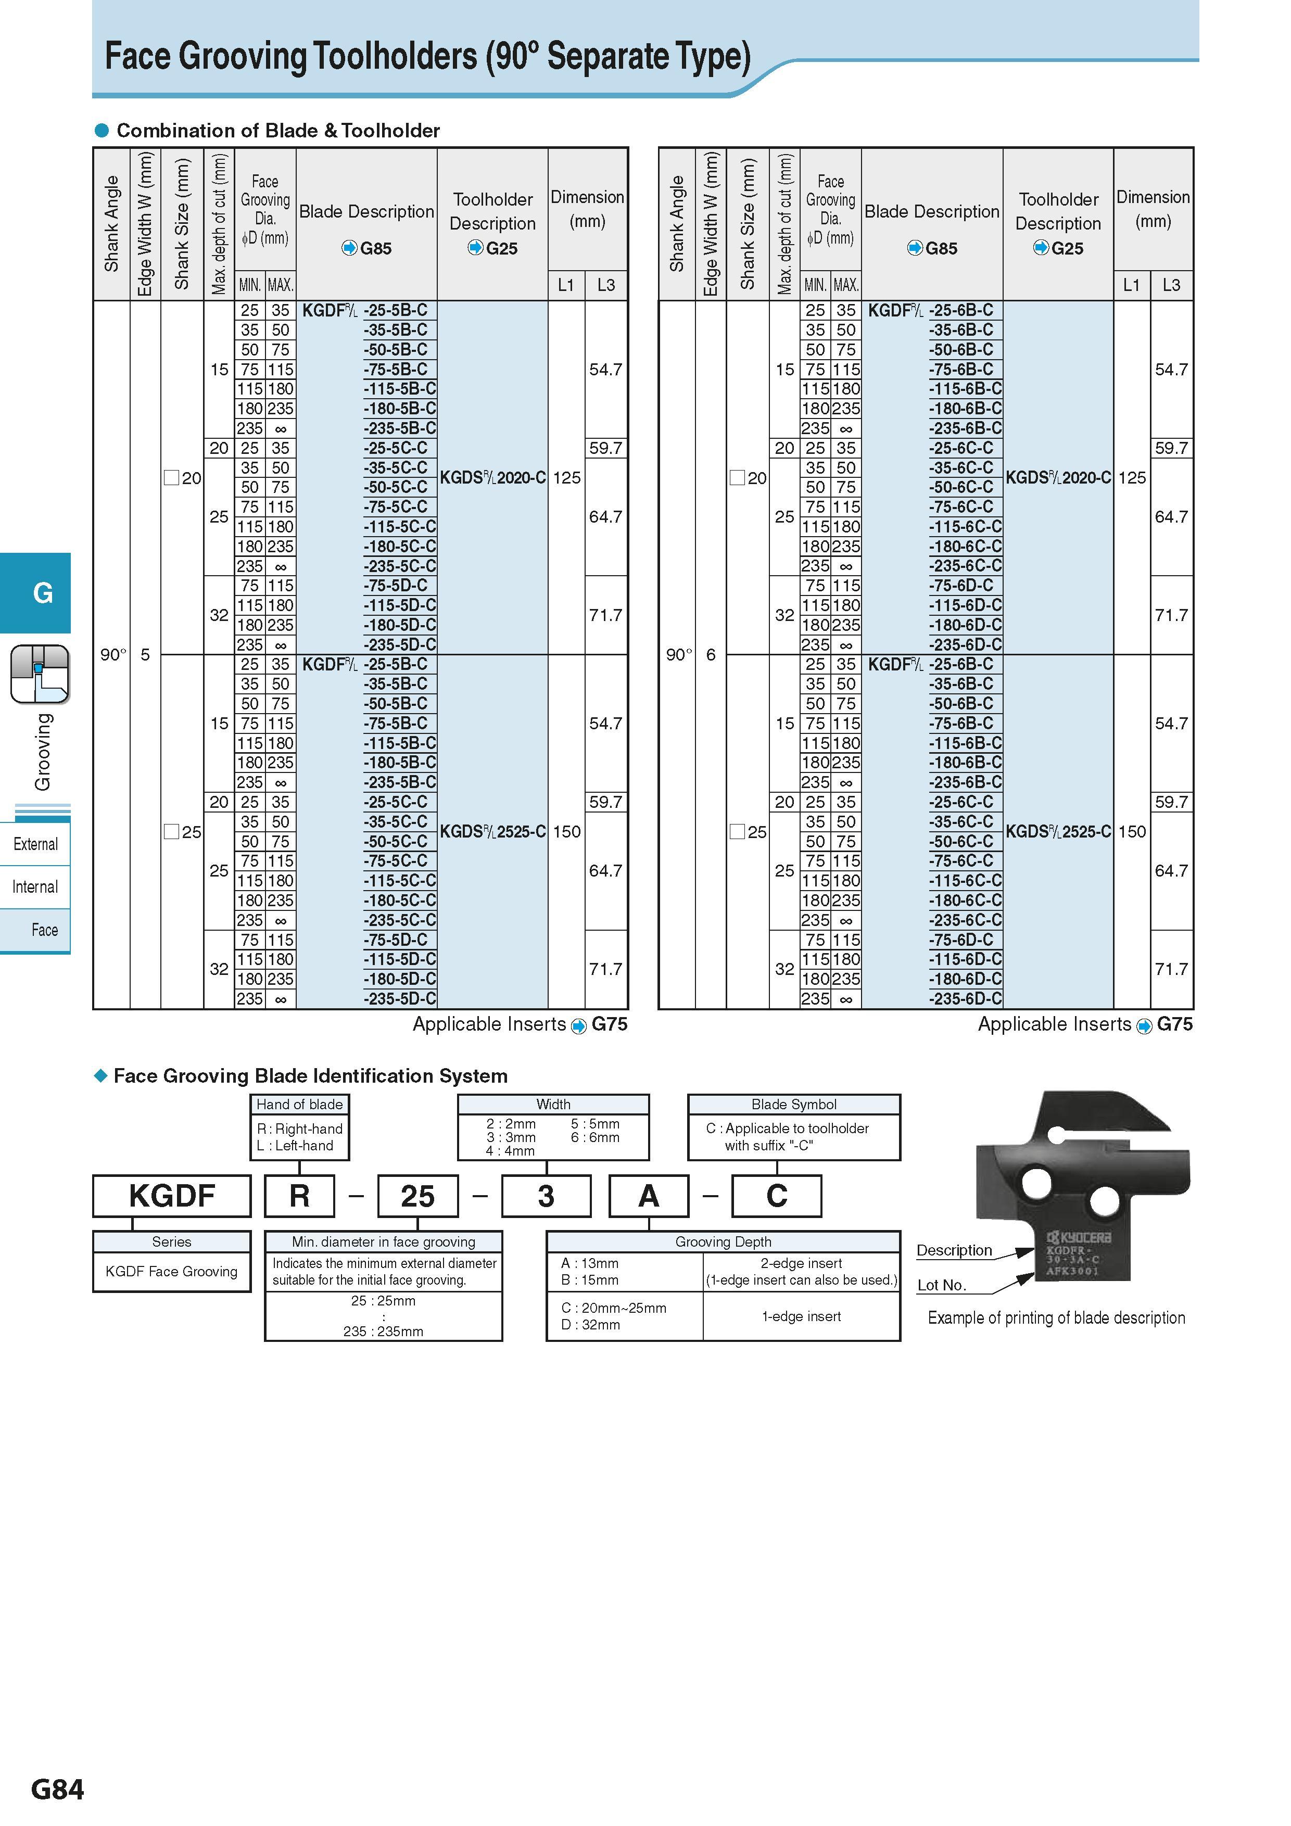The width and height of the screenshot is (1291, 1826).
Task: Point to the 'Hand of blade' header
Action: [299, 1104]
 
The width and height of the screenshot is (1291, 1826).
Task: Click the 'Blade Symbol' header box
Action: [794, 1104]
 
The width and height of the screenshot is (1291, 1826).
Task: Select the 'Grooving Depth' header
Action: [723, 1241]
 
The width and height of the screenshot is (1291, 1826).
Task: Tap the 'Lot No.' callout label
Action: [941, 1285]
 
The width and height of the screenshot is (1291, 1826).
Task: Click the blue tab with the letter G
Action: [43, 592]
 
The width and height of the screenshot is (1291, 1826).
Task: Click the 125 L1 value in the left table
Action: [566, 478]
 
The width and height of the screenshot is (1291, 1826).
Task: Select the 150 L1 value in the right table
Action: [1132, 832]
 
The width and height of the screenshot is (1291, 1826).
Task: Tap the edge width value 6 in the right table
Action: [711, 654]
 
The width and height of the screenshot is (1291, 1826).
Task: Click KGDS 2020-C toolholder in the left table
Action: [492, 478]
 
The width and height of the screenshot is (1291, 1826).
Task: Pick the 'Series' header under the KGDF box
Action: [172, 1241]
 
